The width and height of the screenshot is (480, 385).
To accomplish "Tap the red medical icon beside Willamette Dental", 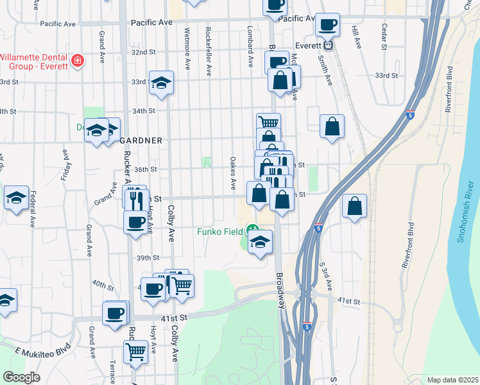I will pyautogui.click(x=78, y=61).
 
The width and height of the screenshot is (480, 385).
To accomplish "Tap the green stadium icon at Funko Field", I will pyautogui.click(x=253, y=229).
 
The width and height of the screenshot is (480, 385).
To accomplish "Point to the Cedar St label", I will pyautogui.click(x=384, y=37).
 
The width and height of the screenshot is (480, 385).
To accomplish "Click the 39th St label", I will pyautogui.click(x=147, y=258).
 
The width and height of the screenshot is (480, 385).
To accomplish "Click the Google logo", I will pyautogui.click(x=21, y=377).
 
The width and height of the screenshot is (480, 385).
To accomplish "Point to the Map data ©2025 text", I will pyautogui.click(x=452, y=380).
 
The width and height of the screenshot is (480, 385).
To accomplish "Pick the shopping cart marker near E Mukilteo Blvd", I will pyautogui.click(x=136, y=351).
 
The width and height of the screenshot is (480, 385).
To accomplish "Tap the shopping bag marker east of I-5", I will pyautogui.click(x=354, y=206).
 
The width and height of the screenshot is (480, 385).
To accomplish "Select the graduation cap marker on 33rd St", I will pyautogui.click(x=162, y=82).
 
